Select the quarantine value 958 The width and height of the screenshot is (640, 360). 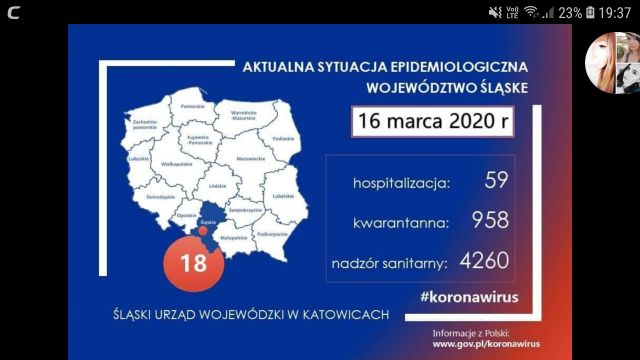click(483, 220)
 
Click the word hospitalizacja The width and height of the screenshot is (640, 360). click(401, 184)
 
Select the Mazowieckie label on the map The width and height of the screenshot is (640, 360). click(249, 158)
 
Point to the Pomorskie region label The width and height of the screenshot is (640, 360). click(194, 105)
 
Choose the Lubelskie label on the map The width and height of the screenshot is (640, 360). click(283, 195)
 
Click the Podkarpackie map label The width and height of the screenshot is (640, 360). click(271, 233)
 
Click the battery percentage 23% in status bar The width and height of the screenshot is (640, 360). click(570, 12)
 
